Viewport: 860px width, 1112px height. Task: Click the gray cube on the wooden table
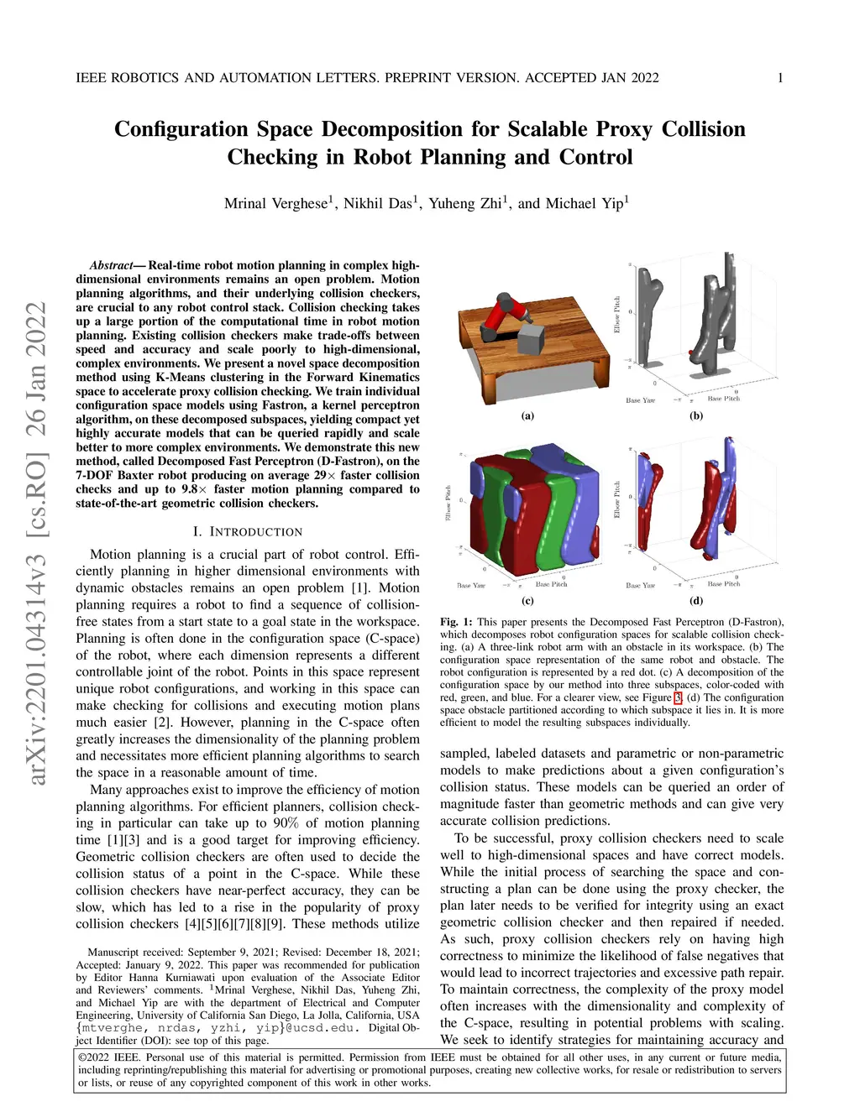coord(530,340)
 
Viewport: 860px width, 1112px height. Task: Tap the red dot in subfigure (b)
coord(690,353)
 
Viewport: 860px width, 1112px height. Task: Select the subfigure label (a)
coord(527,415)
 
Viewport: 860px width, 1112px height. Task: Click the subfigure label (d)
coord(696,600)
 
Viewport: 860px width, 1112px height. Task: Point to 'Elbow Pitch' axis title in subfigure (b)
coord(617,315)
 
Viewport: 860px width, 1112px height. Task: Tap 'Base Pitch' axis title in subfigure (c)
coord(551,584)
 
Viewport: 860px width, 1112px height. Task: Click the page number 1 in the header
coord(780,78)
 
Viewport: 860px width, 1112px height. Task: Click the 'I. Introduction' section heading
coord(247,531)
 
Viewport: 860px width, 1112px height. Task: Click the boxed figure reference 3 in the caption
coord(678,697)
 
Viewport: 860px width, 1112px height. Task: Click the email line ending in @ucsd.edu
coord(218,1027)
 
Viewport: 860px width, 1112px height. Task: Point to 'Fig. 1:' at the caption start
coord(456,622)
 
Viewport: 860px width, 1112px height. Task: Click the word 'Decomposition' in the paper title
coord(392,129)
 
